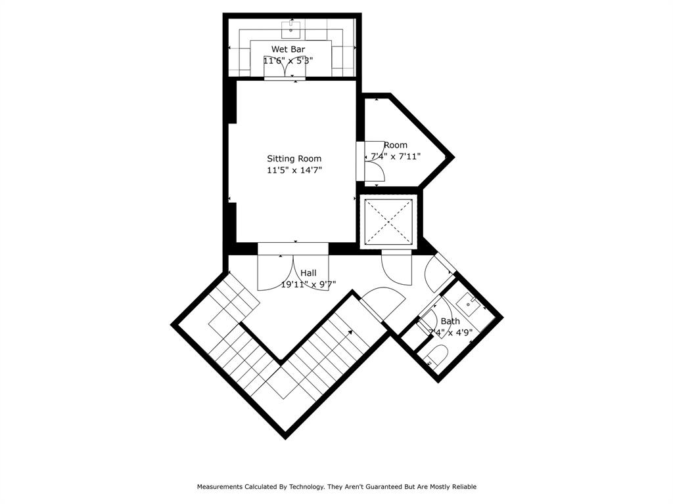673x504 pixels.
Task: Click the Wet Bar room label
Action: point(288,49)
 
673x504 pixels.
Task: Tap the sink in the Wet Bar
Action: point(290,30)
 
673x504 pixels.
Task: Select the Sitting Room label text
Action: point(294,159)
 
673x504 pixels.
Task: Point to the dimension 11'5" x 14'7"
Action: point(294,170)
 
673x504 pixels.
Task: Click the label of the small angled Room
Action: point(396,145)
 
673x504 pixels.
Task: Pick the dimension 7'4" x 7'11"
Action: point(396,156)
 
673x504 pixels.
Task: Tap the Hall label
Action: point(308,273)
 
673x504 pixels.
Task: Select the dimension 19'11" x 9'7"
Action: point(308,284)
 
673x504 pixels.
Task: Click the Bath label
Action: point(450,321)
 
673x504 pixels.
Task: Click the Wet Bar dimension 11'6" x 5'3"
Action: point(288,60)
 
